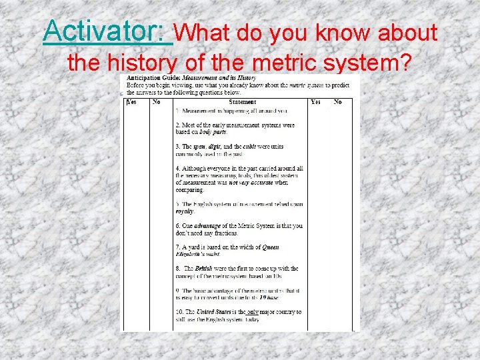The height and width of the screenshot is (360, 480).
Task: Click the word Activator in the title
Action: [x=107, y=31]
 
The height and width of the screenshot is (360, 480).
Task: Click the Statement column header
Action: [x=242, y=102]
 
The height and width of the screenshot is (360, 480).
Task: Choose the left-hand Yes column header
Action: [x=131, y=102]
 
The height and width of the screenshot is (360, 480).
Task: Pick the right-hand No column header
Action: [x=338, y=102]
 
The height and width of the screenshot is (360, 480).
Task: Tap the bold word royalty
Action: [x=185, y=211]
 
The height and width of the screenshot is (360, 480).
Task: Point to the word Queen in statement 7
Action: [x=270, y=247]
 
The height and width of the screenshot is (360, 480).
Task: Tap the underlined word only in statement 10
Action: [x=252, y=312]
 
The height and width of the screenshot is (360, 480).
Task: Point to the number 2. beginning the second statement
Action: [x=178, y=125]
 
